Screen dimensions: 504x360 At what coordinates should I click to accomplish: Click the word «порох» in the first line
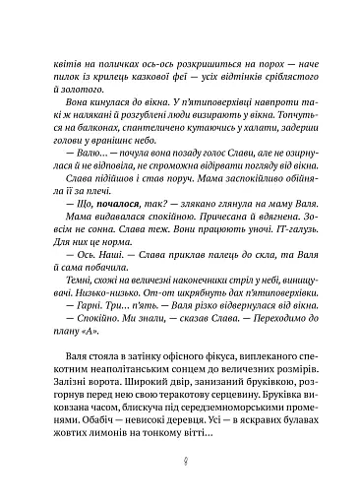pos(268,61)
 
